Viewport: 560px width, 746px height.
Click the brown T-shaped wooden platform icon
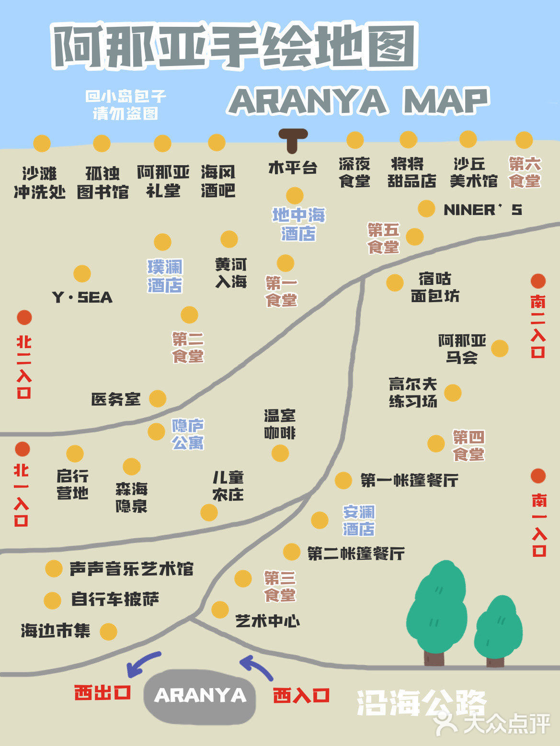click(x=293, y=139)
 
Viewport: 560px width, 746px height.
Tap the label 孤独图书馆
click(x=103, y=182)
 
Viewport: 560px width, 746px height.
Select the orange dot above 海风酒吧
click(x=217, y=143)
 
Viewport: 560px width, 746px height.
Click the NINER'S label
click(x=482, y=210)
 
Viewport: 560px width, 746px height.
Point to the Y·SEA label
click(x=82, y=297)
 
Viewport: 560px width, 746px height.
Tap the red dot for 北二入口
click(x=24, y=317)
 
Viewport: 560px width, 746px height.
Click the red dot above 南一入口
click(x=538, y=476)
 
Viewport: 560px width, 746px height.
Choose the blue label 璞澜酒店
click(x=165, y=276)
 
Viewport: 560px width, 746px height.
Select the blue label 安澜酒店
click(x=359, y=520)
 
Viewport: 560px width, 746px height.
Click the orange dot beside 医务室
click(x=157, y=398)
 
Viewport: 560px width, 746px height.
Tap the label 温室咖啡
click(x=280, y=424)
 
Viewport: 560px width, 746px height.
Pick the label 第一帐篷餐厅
click(x=409, y=480)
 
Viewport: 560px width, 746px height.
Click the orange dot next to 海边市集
click(x=108, y=632)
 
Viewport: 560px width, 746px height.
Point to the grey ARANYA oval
click(x=200, y=696)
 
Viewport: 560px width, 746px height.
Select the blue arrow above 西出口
click(x=142, y=663)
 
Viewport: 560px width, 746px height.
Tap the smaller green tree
click(x=498, y=627)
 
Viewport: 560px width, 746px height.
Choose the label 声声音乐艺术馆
click(x=131, y=569)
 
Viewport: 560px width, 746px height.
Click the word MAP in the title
click(x=445, y=101)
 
